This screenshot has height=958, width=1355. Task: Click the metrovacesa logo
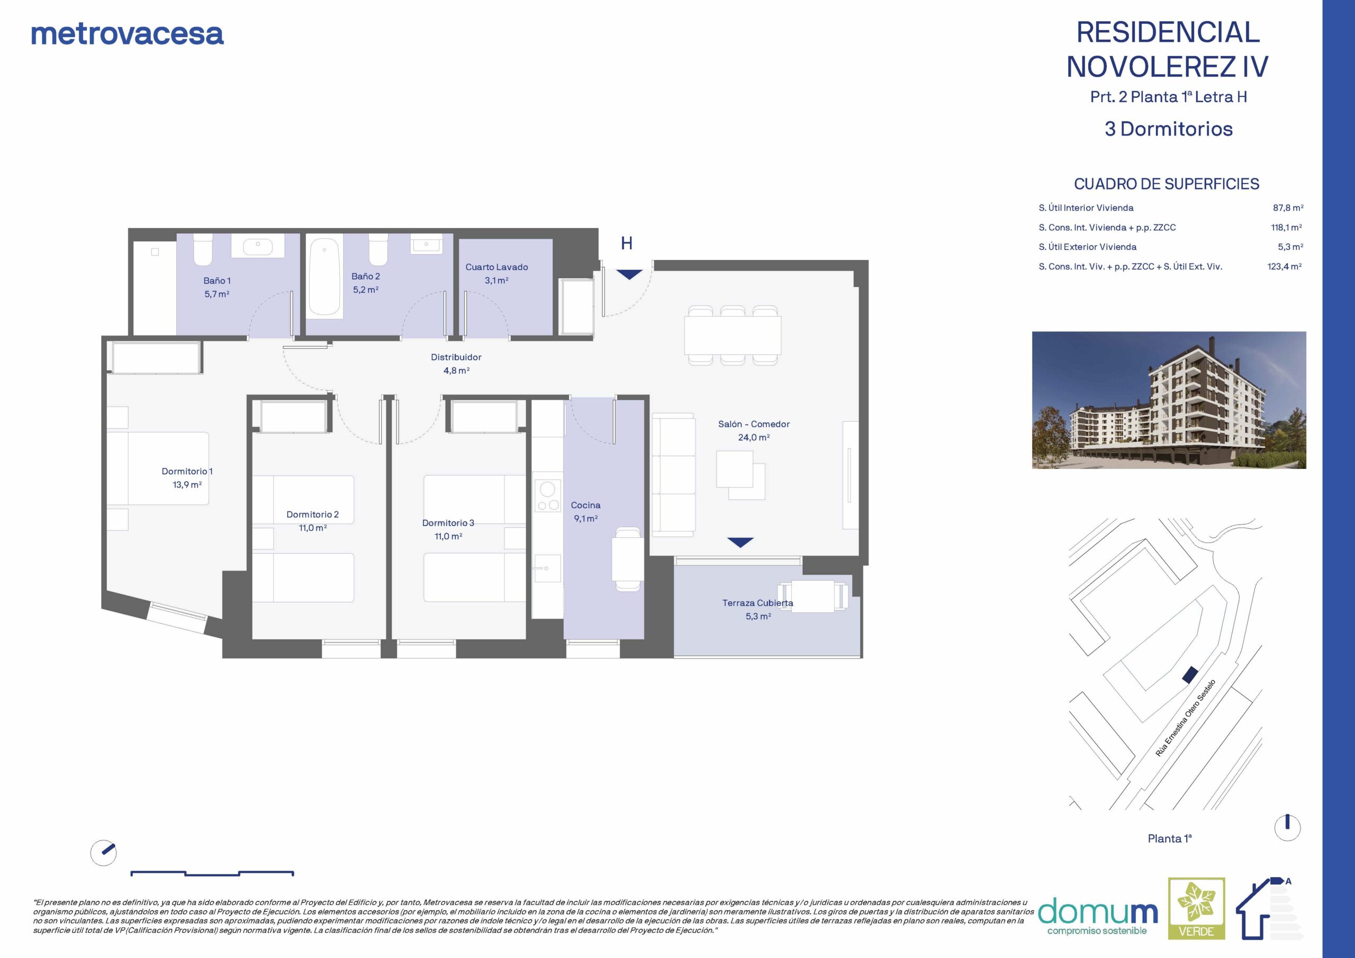pyautogui.click(x=128, y=34)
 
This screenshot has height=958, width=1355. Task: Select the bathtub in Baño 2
pyautogui.click(x=324, y=276)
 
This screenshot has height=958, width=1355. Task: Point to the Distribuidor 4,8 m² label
pyautogui.click(x=456, y=364)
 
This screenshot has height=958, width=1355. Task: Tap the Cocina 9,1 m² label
pyautogui.click(x=585, y=512)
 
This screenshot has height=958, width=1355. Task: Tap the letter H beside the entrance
pyautogui.click(x=627, y=243)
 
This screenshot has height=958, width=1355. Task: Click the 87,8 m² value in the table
pyautogui.click(x=1288, y=208)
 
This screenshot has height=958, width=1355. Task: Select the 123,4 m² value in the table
pyautogui.click(x=1285, y=266)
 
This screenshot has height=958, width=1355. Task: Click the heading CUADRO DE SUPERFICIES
pyautogui.click(x=1166, y=184)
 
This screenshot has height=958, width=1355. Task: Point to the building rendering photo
pyautogui.click(x=1169, y=400)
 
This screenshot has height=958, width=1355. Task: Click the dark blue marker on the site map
pyautogui.click(x=1190, y=675)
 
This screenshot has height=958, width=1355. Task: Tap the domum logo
pyautogui.click(x=1098, y=916)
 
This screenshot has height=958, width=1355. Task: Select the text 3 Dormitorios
pyautogui.click(x=1169, y=129)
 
